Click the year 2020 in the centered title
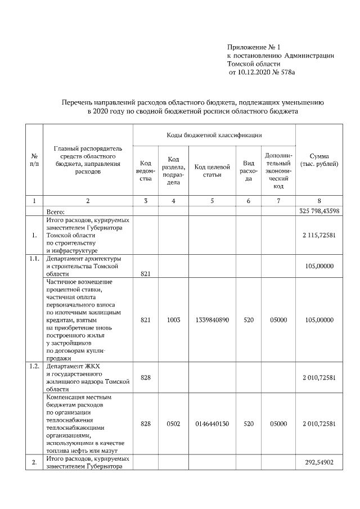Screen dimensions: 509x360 click(97, 111)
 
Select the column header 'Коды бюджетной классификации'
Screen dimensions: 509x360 click(214, 136)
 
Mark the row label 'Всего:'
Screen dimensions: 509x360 click(56, 211)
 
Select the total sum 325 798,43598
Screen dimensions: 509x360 click(319, 211)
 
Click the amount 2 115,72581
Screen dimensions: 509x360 click(319, 235)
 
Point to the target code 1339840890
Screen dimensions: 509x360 click(212, 319)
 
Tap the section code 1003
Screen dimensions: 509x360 click(174, 319)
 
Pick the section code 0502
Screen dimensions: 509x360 click(174, 424)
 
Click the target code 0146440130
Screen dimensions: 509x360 click(212, 424)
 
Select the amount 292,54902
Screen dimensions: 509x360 click(319, 462)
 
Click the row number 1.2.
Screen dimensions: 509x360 click(34, 366)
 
